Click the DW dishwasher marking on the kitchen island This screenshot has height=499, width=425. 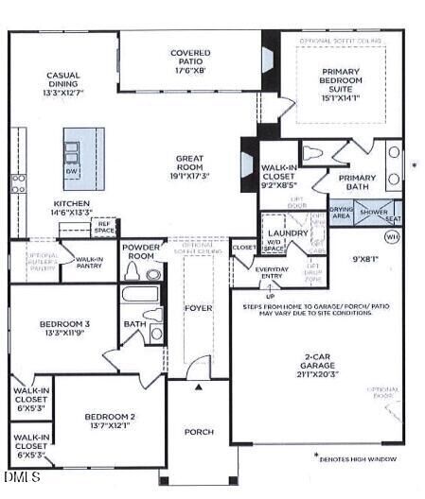tap(71, 173)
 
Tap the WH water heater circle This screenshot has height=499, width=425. tap(392, 238)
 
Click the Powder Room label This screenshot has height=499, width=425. tap(141, 252)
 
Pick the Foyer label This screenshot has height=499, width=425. tap(199, 306)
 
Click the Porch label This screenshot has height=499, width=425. tap(199, 432)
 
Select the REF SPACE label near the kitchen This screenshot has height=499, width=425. tap(104, 228)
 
